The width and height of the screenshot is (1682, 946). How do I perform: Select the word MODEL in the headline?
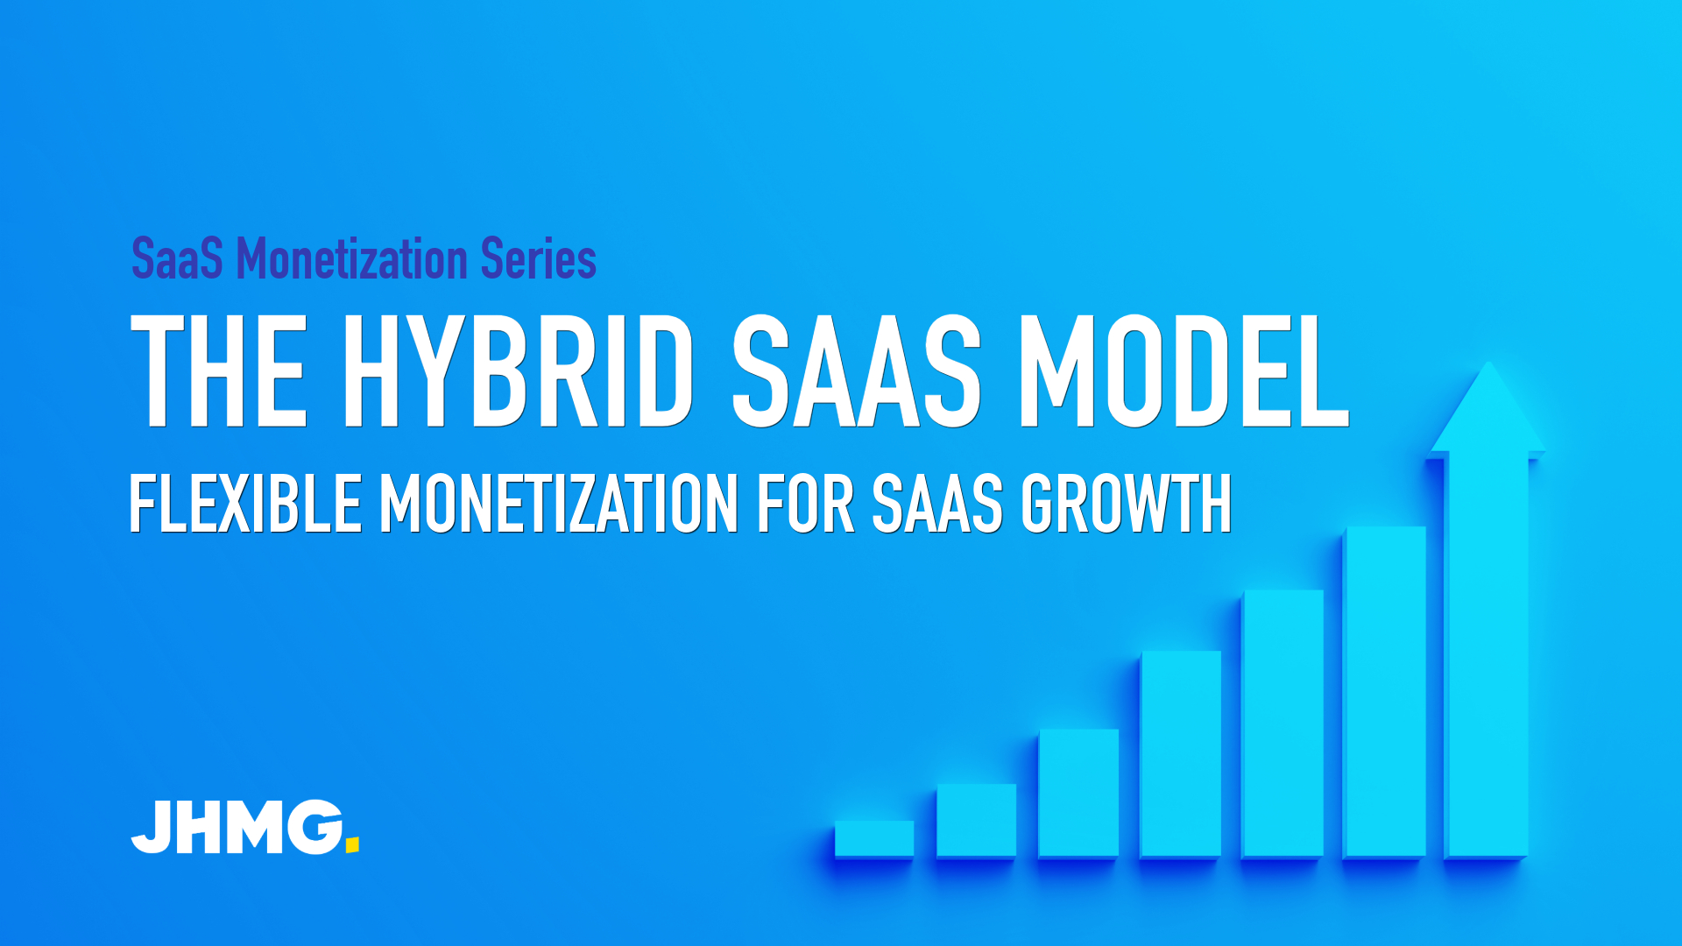click(1184, 371)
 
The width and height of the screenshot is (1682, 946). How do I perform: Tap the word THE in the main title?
click(218, 371)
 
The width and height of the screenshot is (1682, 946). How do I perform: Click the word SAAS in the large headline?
click(857, 371)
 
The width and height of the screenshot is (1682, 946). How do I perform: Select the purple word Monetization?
click(352, 259)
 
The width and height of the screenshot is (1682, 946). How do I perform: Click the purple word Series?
click(539, 259)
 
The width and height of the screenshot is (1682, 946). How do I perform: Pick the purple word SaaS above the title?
click(177, 259)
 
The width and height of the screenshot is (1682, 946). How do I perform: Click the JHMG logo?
click(245, 827)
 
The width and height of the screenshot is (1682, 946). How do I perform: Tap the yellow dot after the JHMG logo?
click(352, 844)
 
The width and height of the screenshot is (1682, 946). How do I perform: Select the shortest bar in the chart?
click(874, 838)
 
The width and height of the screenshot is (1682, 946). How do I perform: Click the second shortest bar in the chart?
click(976, 820)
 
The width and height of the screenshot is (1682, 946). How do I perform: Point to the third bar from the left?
click(1078, 793)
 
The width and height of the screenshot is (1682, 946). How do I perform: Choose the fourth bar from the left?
click(1181, 753)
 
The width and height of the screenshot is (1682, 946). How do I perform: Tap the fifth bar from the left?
click(1283, 724)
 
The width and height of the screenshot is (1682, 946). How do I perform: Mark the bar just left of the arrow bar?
click(1385, 692)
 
